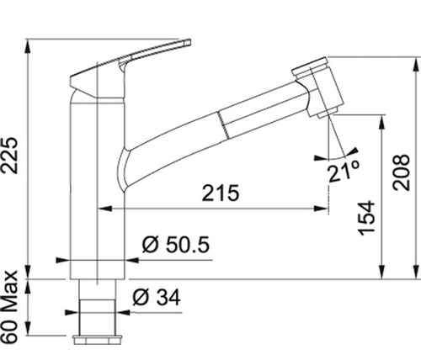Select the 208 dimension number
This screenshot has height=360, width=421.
pos(402,172)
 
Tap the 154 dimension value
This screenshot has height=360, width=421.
pos(366,218)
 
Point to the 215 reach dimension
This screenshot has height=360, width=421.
pos(221,193)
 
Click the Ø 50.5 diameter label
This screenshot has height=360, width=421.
pos(176,245)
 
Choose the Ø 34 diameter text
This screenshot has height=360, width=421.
pos(157,297)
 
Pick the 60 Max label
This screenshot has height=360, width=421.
pos(10,307)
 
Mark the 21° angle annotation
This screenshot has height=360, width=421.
pos(344,172)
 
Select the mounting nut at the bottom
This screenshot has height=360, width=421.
pos(98,340)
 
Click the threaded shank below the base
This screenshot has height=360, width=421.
pos(97,307)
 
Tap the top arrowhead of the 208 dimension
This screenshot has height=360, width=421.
pos(415,64)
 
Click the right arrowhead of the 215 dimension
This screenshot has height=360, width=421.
pos(321,209)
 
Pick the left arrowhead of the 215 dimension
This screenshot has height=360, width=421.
pos(104,209)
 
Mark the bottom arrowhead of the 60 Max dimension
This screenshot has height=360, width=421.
pos(27,329)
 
